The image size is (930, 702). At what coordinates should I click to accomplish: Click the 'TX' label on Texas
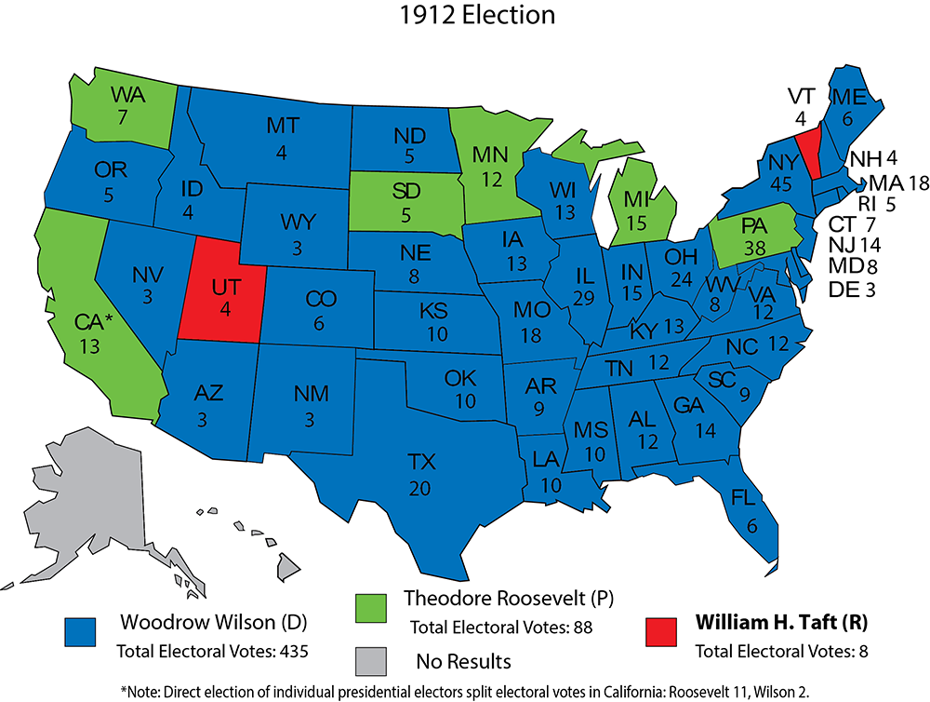[422, 460]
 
